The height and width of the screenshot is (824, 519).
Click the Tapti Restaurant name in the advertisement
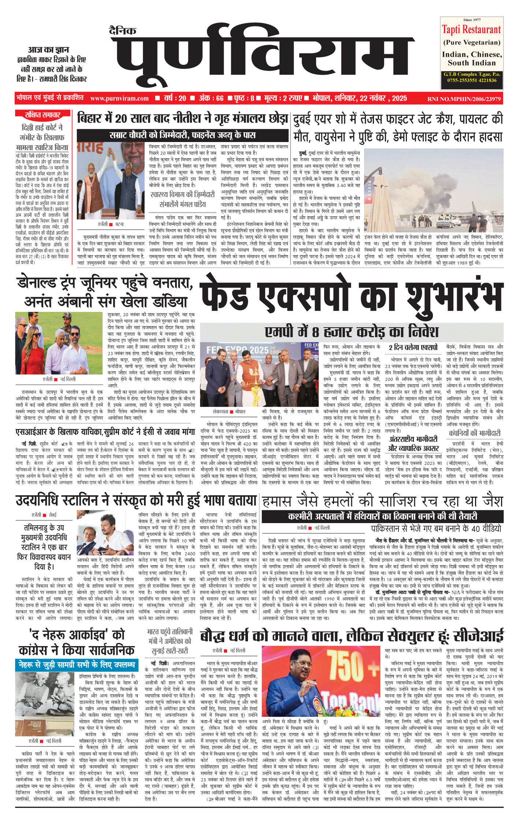click(x=471, y=29)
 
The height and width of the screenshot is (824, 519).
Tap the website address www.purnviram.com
click(x=119, y=98)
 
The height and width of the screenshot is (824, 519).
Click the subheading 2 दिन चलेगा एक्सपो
click(x=413, y=347)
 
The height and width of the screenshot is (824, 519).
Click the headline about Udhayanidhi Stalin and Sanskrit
click(x=136, y=500)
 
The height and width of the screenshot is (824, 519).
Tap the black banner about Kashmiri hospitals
click(x=382, y=517)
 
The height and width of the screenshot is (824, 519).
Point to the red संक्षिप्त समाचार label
click(x=42, y=115)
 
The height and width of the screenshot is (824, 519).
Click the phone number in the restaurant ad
click(x=471, y=80)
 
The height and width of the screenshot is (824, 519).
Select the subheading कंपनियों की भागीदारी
click(x=474, y=433)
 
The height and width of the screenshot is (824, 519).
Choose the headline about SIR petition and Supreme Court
click(x=105, y=432)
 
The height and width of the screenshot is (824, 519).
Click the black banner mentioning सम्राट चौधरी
click(x=182, y=135)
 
